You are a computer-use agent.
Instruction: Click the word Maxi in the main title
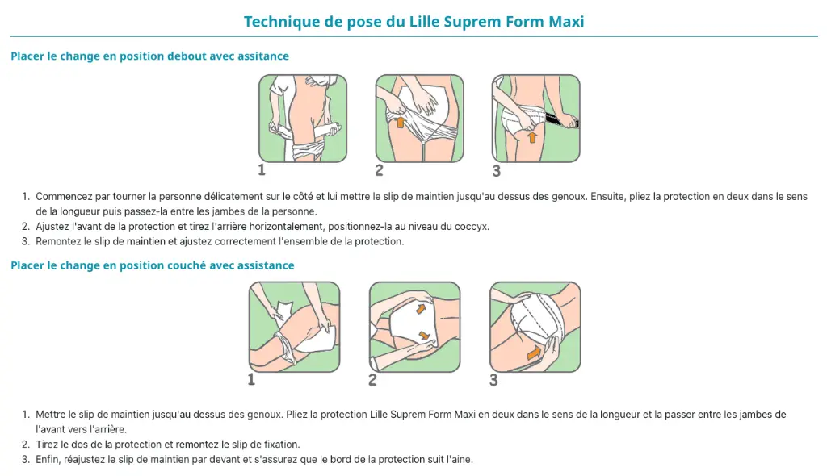pos(566,22)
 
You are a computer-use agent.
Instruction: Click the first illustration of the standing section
pos(303,118)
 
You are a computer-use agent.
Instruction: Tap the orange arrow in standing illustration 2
pos(400,123)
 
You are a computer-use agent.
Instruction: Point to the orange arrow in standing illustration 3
pos(532,137)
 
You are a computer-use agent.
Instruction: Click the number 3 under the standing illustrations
pos(497,171)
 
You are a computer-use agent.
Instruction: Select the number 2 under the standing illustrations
pos(380,170)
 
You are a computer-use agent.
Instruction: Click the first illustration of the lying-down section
pos(294,327)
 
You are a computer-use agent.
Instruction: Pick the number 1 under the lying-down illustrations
pos(252,379)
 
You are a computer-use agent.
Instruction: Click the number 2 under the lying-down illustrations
pos(372,379)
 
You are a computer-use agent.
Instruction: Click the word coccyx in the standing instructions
pos(472,227)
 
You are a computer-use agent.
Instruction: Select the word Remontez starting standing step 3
pos(58,241)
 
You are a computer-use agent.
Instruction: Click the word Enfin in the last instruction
pos(47,459)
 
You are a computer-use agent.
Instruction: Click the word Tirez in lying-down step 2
pos(47,445)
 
